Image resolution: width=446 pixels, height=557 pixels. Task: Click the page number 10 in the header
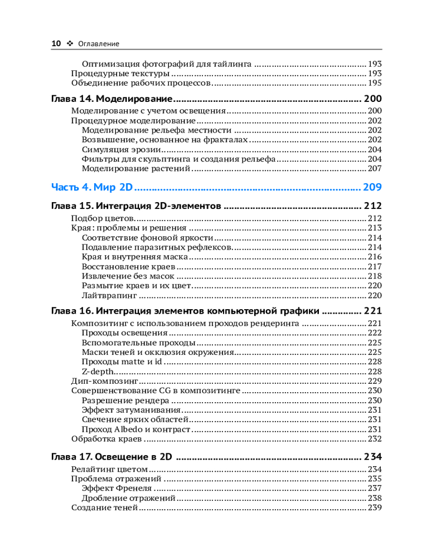56,43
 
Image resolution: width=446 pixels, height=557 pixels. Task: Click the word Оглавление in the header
99,43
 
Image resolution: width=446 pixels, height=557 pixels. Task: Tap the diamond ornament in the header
70,43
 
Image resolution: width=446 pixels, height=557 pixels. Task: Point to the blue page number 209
372,187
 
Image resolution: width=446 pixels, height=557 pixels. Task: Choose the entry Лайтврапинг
109,295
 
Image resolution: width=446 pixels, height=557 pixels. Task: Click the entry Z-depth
98,372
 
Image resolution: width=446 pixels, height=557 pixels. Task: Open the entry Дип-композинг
104,381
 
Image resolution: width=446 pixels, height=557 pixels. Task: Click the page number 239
375,507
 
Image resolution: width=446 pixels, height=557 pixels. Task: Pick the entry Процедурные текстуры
120,74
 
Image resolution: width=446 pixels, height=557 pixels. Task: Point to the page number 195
375,83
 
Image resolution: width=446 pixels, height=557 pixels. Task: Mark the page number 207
375,168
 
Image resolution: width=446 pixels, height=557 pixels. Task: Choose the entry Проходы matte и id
122,362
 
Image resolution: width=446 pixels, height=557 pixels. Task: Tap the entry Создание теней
104,507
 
